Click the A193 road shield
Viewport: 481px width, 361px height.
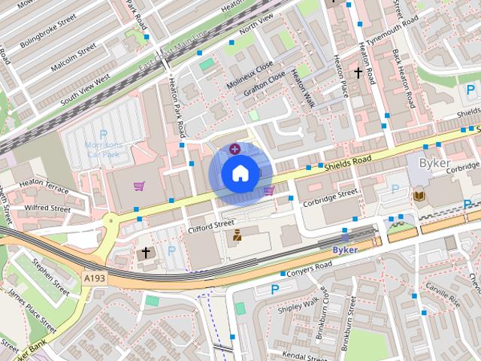[x=95, y=278]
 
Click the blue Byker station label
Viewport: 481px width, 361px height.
[x=345, y=247]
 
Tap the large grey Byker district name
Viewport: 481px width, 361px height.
[x=434, y=163]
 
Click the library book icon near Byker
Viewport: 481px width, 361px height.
[x=419, y=196]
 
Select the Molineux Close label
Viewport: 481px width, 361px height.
[x=250, y=76]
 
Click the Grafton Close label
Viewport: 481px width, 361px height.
[x=264, y=84]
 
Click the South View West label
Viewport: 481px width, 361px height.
[x=86, y=86]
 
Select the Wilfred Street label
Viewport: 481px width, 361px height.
[x=47, y=208]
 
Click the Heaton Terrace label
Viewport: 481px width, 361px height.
[x=46, y=184]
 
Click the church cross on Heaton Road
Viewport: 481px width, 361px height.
[x=358, y=73]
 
